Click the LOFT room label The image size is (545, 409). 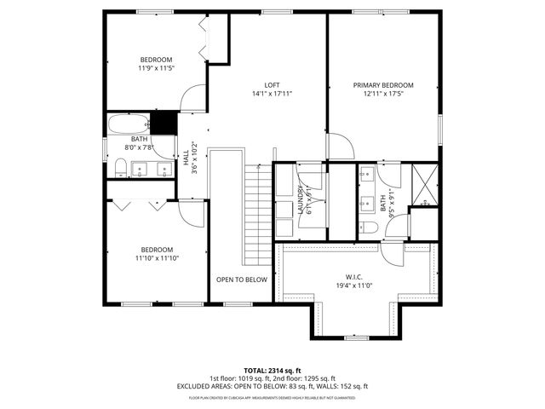click(x=272, y=84)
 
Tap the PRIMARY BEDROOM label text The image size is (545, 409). click(x=383, y=84)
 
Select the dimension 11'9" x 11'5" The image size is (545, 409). click(x=156, y=70)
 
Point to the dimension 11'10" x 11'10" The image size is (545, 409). click(x=157, y=258)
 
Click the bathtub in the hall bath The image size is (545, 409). click(x=129, y=125)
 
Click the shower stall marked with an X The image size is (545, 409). click(x=423, y=180)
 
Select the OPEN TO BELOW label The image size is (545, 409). click(x=241, y=279)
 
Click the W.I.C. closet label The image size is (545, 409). click(x=354, y=276)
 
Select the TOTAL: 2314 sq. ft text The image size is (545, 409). click(x=272, y=372)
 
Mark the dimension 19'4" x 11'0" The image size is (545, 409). click(x=354, y=285)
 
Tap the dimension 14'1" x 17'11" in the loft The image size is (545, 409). click(x=272, y=94)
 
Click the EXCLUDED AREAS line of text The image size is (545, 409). click(x=272, y=386)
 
